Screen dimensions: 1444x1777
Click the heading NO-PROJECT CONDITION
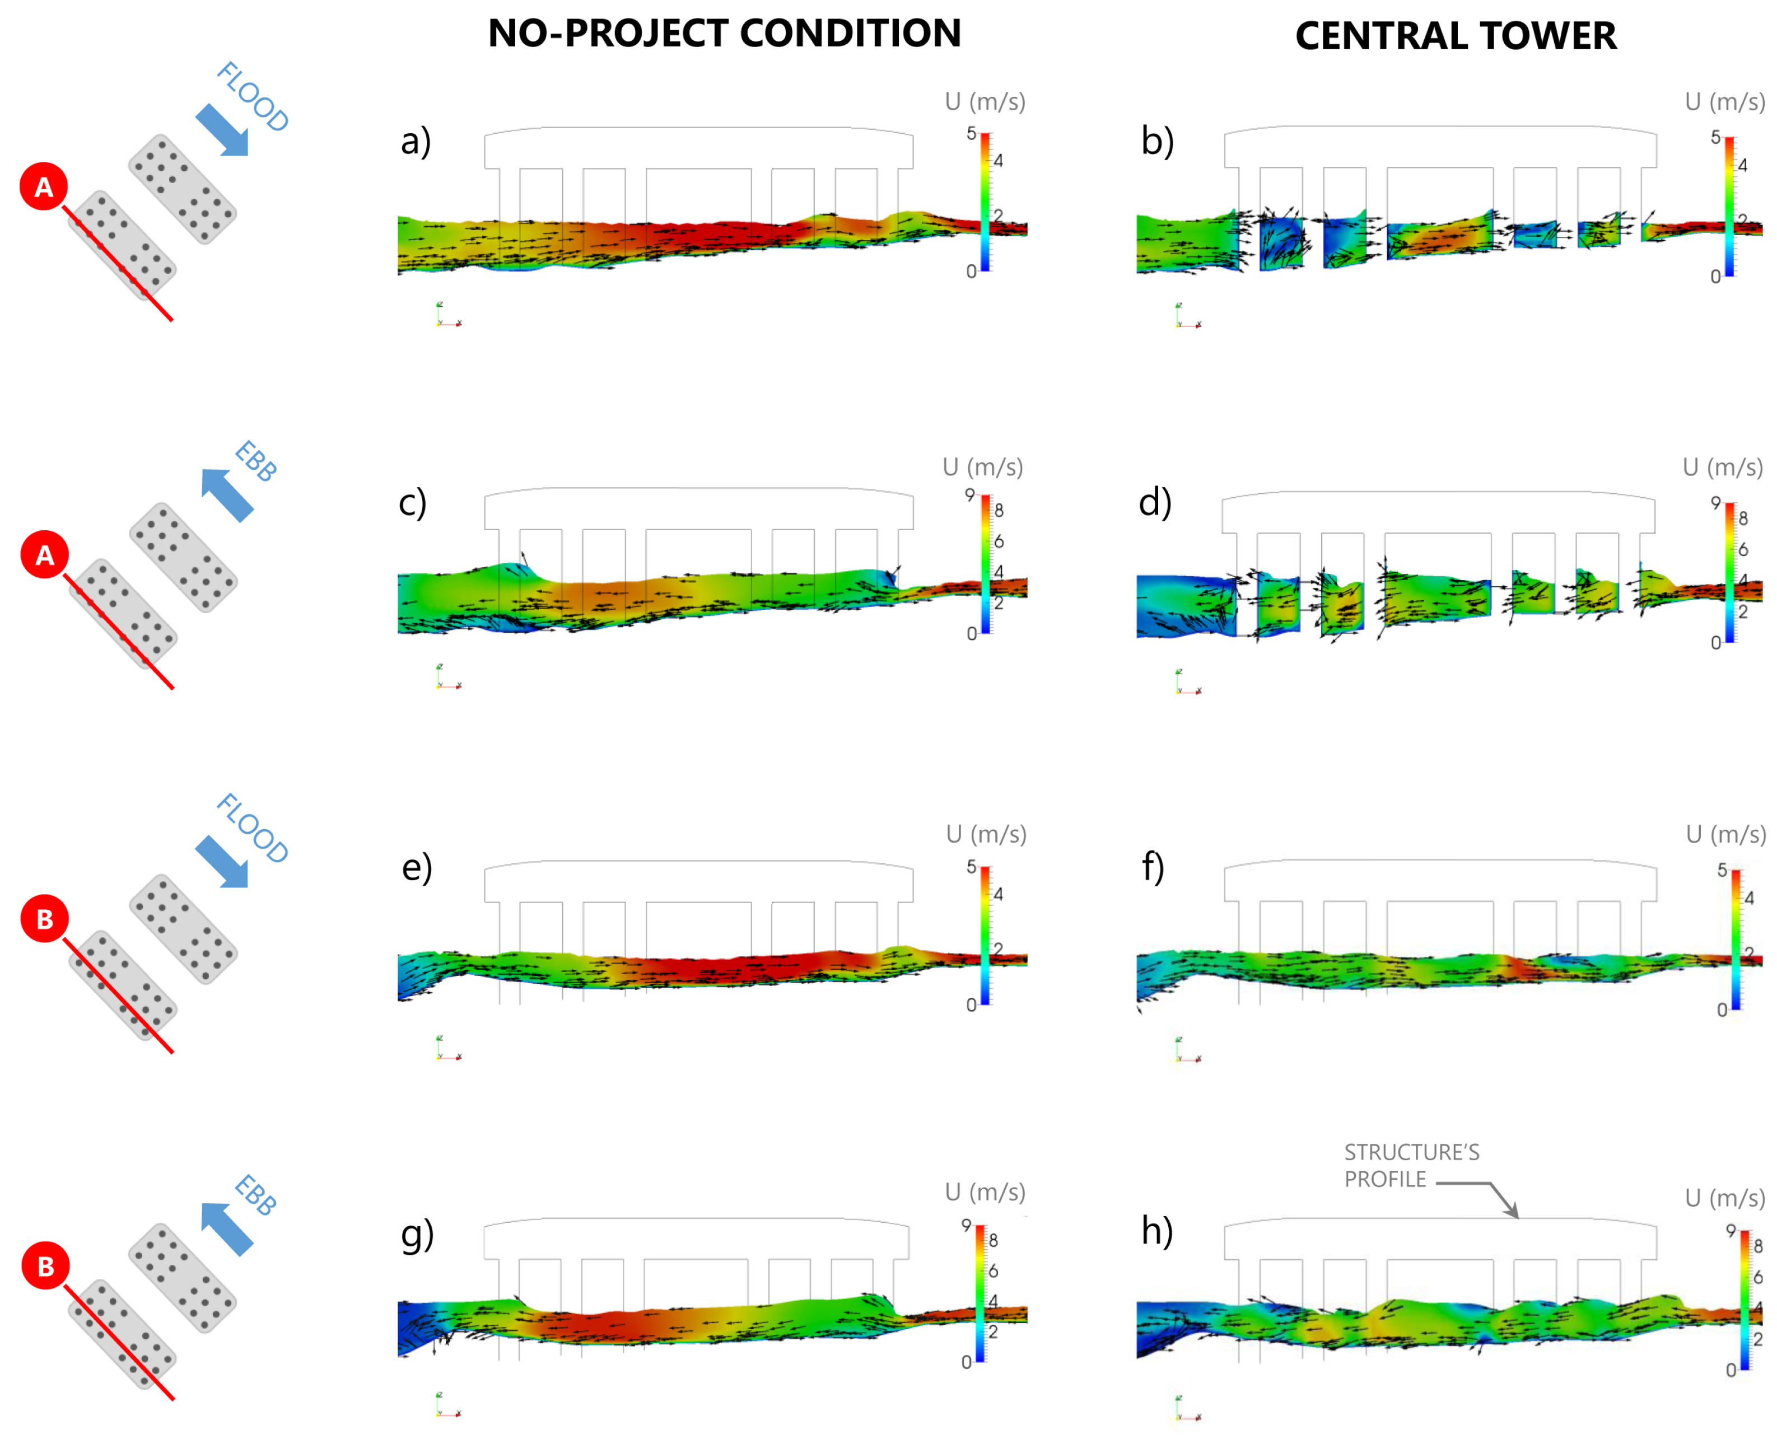724,33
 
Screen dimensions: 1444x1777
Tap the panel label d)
1155,502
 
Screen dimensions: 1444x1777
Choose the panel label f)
1152,867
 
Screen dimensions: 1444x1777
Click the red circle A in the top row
43,186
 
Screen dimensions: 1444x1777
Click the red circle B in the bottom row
45,1266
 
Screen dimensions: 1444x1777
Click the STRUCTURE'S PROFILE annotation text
1411,1165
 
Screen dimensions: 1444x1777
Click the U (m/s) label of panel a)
984,101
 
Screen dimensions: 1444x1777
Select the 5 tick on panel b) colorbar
1715,137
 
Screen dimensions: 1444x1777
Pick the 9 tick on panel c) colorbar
969,495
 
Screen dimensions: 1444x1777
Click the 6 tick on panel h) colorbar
1758,1277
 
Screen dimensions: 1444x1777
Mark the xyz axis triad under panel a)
447,315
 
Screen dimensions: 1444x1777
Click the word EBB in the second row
255,462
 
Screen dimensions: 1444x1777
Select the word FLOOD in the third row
252,829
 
